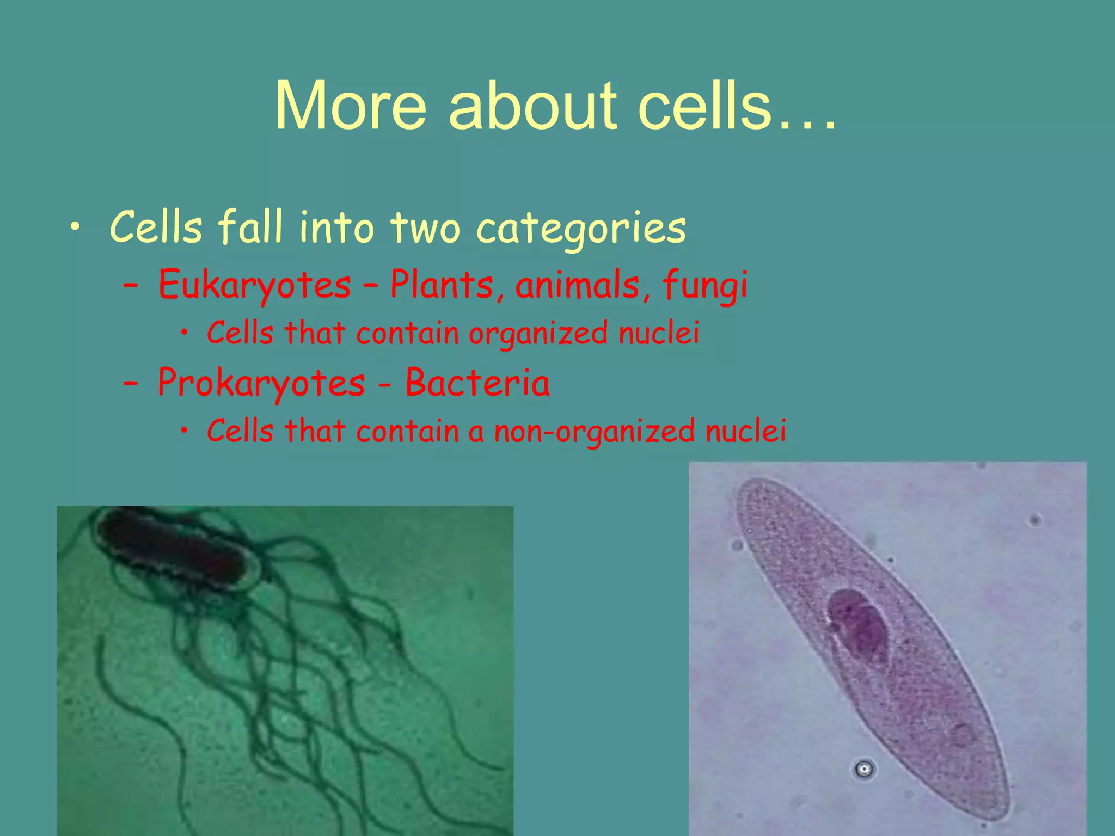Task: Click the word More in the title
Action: tap(351, 106)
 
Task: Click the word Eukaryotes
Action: tap(255, 285)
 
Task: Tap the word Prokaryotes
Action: tap(261, 383)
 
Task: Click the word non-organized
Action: tap(594, 431)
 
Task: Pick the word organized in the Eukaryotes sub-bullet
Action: tap(538, 333)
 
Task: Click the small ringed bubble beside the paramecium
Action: tap(864, 769)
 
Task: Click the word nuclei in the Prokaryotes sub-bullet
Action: tap(745, 431)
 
